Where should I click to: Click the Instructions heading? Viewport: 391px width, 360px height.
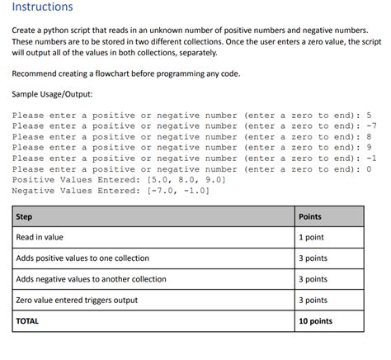(x=42, y=7)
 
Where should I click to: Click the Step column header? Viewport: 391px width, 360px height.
(x=24, y=216)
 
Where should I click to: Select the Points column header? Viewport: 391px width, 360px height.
(x=310, y=216)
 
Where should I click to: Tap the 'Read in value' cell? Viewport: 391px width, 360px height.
(x=40, y=237)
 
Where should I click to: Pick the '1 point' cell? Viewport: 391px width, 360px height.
(x=311, y=237)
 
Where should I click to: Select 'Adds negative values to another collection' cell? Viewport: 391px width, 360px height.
(x=91, y=279)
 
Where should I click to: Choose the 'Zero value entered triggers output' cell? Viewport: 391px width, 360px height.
(x=77, y=300)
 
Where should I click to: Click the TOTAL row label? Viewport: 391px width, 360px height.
(x=27, y=320)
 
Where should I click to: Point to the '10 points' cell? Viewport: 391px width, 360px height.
(x=315, y=320)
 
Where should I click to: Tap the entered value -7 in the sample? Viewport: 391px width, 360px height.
(x=371, y=126)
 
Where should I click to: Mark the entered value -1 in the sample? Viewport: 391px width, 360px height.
(x=371, y=158)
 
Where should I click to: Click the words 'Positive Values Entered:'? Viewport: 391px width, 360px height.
(x=77, y=179)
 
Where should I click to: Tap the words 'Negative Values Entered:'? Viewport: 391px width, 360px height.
(x=77, y=190)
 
